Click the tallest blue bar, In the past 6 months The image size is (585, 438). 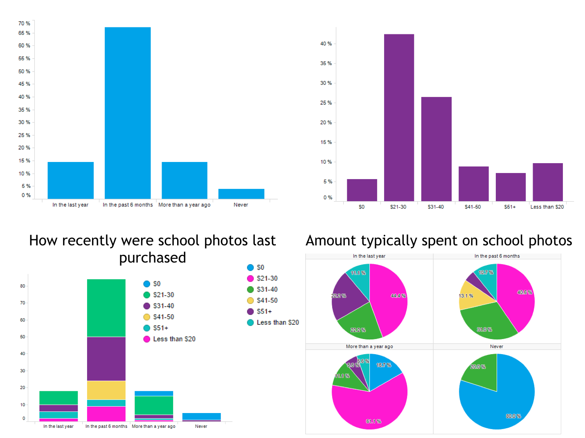click(x=128, y=113)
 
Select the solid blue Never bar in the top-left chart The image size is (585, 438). click(x=241, y=194)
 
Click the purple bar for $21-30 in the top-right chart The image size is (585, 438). click(x=399, y=117)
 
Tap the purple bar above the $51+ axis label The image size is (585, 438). click(x=511, y=187)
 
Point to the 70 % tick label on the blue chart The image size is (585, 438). click(x=24, y=24)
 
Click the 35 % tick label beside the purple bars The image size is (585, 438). click(x=326, y=63)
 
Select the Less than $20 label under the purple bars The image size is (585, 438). click(x=547, y=207)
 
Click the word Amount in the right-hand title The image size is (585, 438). click(x=330, y=241)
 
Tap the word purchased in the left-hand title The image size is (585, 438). click(x=153, y=258)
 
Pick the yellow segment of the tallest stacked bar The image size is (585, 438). click(x=106, y=390)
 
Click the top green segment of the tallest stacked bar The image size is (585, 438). click(x=106, y=308)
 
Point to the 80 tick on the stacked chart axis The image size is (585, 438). click(x=22, y=286)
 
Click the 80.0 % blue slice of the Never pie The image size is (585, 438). click(x=499, y=405)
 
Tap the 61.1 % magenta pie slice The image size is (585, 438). click(x=368, y=409)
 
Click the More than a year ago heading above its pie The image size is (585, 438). click(x=369, y=347)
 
